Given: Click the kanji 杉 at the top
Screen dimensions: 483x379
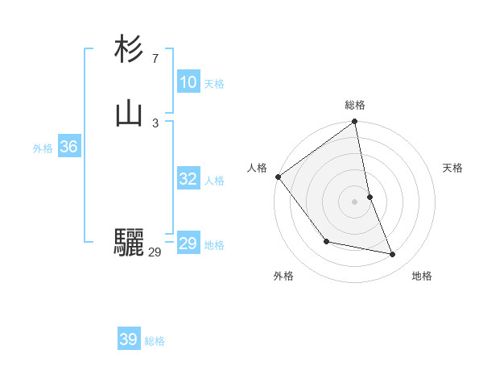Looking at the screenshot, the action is [x=129, y=49].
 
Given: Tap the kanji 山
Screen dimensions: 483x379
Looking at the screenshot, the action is [x=129, y=114].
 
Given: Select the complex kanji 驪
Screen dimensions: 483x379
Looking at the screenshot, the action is [x=129, y=243].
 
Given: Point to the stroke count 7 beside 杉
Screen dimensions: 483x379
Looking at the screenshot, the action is [x=155, y=58].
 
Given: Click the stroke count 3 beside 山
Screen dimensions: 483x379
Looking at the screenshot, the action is [x=155, y=123].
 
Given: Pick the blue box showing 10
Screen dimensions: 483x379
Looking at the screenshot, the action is [x=188, y=82].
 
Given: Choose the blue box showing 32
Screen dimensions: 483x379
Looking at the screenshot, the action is [x=188, y=179].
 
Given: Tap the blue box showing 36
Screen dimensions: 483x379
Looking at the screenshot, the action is [x=68, y=147].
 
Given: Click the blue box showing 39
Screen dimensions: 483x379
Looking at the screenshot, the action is [x=128, y=339].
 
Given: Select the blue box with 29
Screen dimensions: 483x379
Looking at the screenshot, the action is [x=188, y=244].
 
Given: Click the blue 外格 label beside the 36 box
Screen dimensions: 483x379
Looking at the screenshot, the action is [x=43, y=148].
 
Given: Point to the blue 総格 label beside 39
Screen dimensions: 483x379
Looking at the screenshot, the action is [x=155, y=341].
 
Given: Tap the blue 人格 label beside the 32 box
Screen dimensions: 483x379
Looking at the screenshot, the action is [x=215, y=181].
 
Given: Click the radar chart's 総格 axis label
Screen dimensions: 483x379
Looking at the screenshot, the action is [x=355, y=105].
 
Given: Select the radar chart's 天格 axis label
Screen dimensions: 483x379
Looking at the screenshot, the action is [x=453, y=168].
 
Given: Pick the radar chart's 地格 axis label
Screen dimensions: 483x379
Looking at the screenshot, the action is [x=422, y=276].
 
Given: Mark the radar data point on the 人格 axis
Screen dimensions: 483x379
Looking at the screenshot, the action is [x=278, y=177].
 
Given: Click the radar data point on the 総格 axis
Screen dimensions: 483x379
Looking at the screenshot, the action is [x=355, y=123].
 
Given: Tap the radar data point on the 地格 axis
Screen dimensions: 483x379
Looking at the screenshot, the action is [x=393, y=254].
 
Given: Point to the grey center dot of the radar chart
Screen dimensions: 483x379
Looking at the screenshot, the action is [x=355, y=202].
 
